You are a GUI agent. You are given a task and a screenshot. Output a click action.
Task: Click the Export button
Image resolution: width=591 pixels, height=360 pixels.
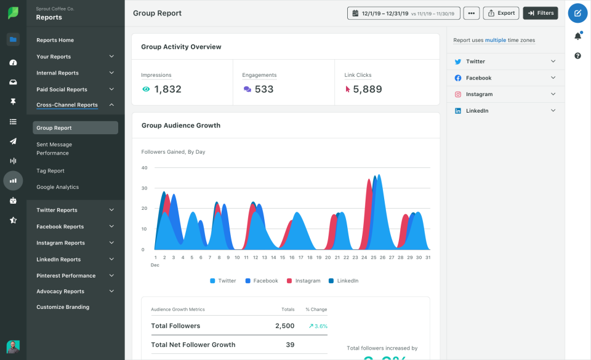click(x=501, y=13)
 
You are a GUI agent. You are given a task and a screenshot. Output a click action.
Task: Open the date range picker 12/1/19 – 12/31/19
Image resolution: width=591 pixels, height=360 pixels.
click(x=404, y=13)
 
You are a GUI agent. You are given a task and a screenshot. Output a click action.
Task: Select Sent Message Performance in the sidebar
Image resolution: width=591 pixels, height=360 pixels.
click(x=54, y=148)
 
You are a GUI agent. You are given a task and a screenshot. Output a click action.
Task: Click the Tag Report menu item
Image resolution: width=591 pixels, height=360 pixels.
click(x=50, y=171)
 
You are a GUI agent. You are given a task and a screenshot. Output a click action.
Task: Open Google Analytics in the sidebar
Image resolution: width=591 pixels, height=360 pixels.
click(x=57, y=187)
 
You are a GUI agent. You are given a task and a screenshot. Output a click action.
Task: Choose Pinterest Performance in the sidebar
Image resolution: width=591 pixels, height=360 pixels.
click(x=66, y=276)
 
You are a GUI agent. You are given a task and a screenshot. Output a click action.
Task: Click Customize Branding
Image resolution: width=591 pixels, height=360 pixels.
click(x=63, y=307)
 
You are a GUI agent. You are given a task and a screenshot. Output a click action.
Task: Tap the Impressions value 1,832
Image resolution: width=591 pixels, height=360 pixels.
click(x=167, y=89)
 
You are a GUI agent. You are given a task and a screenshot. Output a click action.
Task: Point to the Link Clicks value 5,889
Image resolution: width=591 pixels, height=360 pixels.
click(x=368, y=89)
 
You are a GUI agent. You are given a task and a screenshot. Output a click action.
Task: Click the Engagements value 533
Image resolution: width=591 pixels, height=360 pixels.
click(x=263, y=89)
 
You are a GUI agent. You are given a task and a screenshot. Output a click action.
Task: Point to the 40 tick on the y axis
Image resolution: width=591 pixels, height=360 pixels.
click(x=144, y=167)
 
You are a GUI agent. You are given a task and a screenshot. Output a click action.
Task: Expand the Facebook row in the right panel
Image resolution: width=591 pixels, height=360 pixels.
click(x=505, y=78)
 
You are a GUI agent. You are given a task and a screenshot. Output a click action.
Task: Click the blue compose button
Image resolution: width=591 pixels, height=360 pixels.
click(x=577, y=13)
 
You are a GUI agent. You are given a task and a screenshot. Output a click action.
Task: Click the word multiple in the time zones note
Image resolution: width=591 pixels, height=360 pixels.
click(x=496, y=40)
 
